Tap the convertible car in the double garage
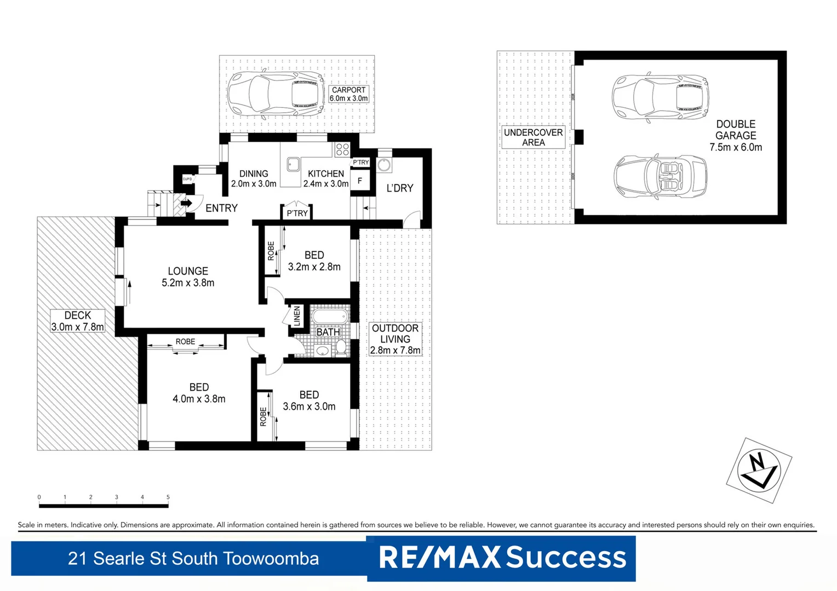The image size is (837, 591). pyautogui.click(x=660, y=177)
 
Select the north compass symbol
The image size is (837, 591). pyautogui.click(x=759, y=470)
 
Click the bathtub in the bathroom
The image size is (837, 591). pyautogui.click(x=330, y=317)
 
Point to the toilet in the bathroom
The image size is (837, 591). pyautogui.click(x=341, y=347)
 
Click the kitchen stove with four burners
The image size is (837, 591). pyautogui.click(x=342, y=149)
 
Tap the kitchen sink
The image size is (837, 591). pyautogui.click(x=293, y=163)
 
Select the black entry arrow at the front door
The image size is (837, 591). pyautogui.click(x=186, y=203)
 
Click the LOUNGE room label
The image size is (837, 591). pyautogui.click(x=188, y=271)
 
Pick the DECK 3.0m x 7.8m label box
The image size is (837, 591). pyautogui.click(x=77, y=321)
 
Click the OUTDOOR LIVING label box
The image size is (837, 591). pyautogui.click(x=395, y=339)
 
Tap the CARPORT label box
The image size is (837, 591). pyautogui.click(x=348, y=94)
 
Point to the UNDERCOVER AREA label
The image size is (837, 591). pyautogui.click(x=533, y=137)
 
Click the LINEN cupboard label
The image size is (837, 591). pyautogui.click(x=296, y=316)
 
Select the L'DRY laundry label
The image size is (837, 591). pyautogui.click(x=400, y=188)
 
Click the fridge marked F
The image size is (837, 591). pyautogui.click(x=360, y=181)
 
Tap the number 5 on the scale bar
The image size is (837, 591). pyautogui.click(x=168, y=497)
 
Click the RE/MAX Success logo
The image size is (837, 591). pyautogui.click(x=502, y=558)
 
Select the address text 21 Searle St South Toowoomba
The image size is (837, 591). pyautogui.click(x=193, y=558)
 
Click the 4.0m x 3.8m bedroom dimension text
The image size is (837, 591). pyautogui.click(x=199, y=399)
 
